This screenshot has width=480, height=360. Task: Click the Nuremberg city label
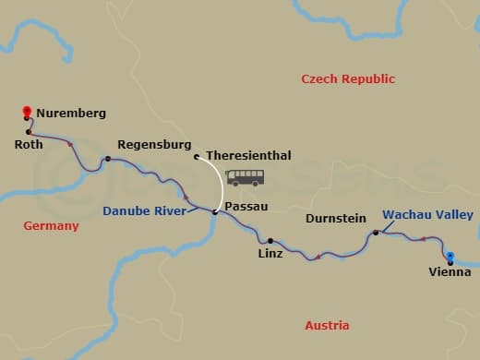tap(71, 114)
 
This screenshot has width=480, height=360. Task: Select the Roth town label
tap(29, 144)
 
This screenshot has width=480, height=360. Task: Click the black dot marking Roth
tap(30, 131)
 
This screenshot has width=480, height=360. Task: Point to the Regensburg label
tap(154, 145)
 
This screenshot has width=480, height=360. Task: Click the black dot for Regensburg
tap(108, 159)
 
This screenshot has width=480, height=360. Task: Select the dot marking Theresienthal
tap(197, 156)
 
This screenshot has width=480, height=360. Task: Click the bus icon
tap(245, 178)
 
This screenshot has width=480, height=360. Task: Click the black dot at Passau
tap(215, 213)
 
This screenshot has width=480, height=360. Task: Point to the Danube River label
tap(144, 211)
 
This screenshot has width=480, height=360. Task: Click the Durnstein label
tap(334, 220)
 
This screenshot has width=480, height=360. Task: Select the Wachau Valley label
tap(427, 215)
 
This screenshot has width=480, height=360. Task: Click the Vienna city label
tap(450, 271)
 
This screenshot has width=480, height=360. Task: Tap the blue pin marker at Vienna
tap(450, 257)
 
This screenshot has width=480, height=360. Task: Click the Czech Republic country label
tap(348, 79)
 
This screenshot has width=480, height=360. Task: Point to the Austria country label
tap(327, 325)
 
